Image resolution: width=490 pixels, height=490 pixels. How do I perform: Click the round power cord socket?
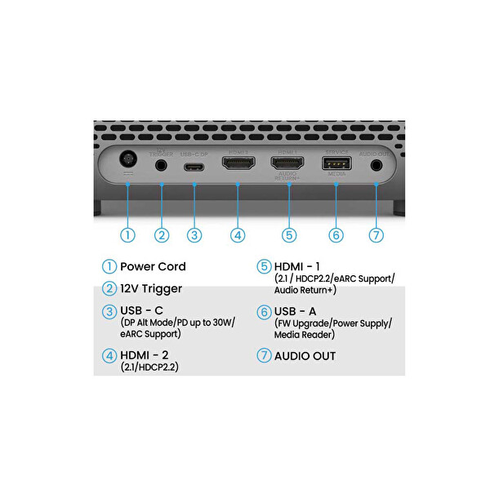[x=127, y=161]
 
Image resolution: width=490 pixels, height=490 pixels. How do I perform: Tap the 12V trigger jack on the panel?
[x=161, y=165]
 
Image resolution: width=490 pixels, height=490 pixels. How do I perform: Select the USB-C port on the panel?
[x=194, y=166]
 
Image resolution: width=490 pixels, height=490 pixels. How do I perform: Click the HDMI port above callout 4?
[x=238, y=164]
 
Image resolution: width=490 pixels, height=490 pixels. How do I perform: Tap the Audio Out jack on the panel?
[x=376, y=165]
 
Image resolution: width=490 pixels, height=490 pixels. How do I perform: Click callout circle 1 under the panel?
[x=127, y=234]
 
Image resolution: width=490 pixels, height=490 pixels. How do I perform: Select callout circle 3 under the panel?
[x=194, y=234]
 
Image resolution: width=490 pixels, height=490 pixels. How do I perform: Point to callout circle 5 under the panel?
[x=287, y=234]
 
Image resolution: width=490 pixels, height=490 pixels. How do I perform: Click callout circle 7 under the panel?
[x=376, y=234]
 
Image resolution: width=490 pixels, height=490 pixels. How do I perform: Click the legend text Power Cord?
[x=153, y=266]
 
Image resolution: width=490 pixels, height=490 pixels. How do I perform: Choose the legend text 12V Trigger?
[x=151, y=288]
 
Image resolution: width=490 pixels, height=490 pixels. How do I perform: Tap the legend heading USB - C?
[x=141, y=311]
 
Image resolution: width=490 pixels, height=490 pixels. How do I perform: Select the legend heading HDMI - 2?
[x=146, y=355]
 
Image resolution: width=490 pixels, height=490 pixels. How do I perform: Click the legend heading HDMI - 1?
[x=299, y=266]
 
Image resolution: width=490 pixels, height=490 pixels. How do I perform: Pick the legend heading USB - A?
[x=296, y=311]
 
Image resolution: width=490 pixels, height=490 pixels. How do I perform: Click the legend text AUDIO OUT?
[x=305, y=356]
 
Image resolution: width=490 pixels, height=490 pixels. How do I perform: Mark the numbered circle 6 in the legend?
[x=264, y=312]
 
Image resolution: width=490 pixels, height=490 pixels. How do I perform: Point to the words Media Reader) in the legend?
[x=305, y=335]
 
